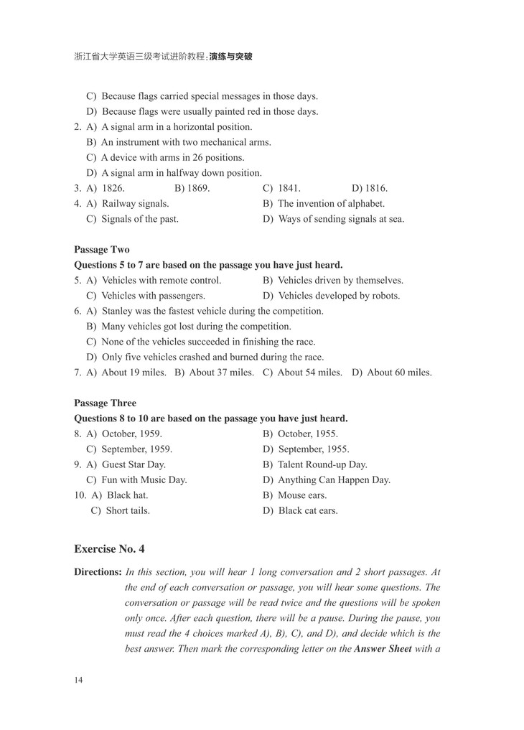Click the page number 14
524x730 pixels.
pyautogui.click(x=78, y=680)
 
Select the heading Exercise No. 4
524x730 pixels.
pyautogui.click(x=109, y=549)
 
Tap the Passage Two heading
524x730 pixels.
pyautogui.click(x=102, y=250)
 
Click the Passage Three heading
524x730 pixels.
pyautogui.click(x=105, y=403)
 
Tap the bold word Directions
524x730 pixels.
pyautogui.click(x=98, y=572)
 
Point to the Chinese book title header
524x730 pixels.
pyautogui.click(x=163, y=56)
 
